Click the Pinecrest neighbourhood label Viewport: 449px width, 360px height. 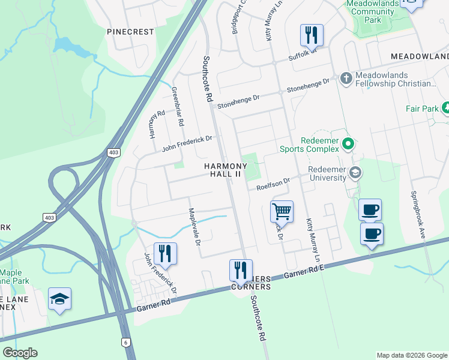130,31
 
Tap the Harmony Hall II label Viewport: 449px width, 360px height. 225,170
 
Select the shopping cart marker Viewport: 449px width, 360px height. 282,212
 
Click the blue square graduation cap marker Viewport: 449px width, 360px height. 59,299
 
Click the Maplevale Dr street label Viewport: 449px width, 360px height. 193,226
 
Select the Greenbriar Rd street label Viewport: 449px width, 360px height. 178,106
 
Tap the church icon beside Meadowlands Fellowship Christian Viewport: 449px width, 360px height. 346,79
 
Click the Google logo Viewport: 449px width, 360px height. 20,352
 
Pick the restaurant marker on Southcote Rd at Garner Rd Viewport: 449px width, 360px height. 241,270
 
